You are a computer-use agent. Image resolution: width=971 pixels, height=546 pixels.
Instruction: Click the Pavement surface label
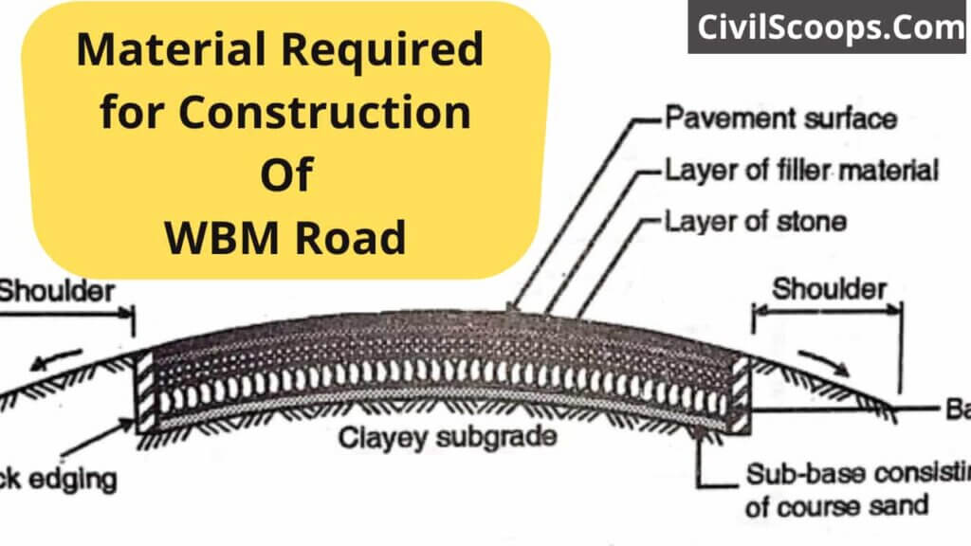click(x=779, y=119)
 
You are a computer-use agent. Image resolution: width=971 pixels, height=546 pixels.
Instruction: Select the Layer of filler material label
click(x=801, y=171)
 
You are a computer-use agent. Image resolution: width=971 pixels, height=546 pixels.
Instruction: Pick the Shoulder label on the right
click(x=830, y=289)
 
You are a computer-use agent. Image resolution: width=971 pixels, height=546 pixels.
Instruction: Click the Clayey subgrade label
click(x=448, y=439)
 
